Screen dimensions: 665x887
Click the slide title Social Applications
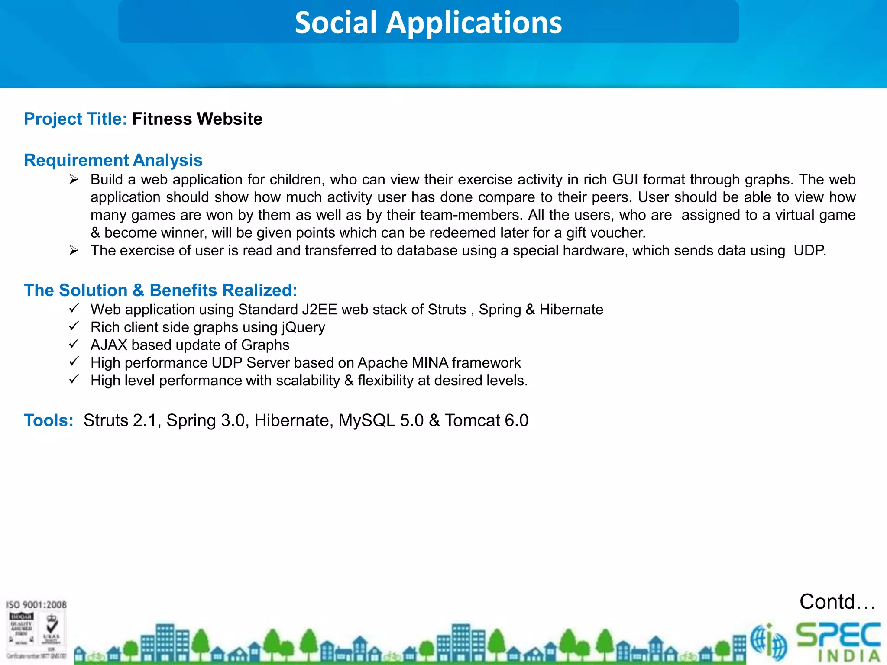click(428, 23)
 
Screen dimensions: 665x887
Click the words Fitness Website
click(197, 119)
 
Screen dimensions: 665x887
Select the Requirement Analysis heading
click(113, 160)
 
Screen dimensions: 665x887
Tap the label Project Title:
click(75, 119)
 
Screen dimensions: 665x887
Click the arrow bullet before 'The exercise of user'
click(74, 250)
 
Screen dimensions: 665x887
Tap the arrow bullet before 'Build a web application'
click(74, 179)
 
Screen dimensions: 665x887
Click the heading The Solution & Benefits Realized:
click(160, 290)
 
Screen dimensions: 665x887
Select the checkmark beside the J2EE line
click(74, 309)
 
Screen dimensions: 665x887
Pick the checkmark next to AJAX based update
click(74, 344)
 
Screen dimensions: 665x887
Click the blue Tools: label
click(49, 420)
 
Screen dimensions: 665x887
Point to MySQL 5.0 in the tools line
click(381, 420)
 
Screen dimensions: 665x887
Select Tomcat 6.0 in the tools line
click(486, 420)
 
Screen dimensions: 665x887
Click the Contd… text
click(837, 602)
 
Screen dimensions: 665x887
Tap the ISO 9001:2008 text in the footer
click(36, 605)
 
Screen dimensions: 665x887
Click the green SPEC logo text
click(838, 636)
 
